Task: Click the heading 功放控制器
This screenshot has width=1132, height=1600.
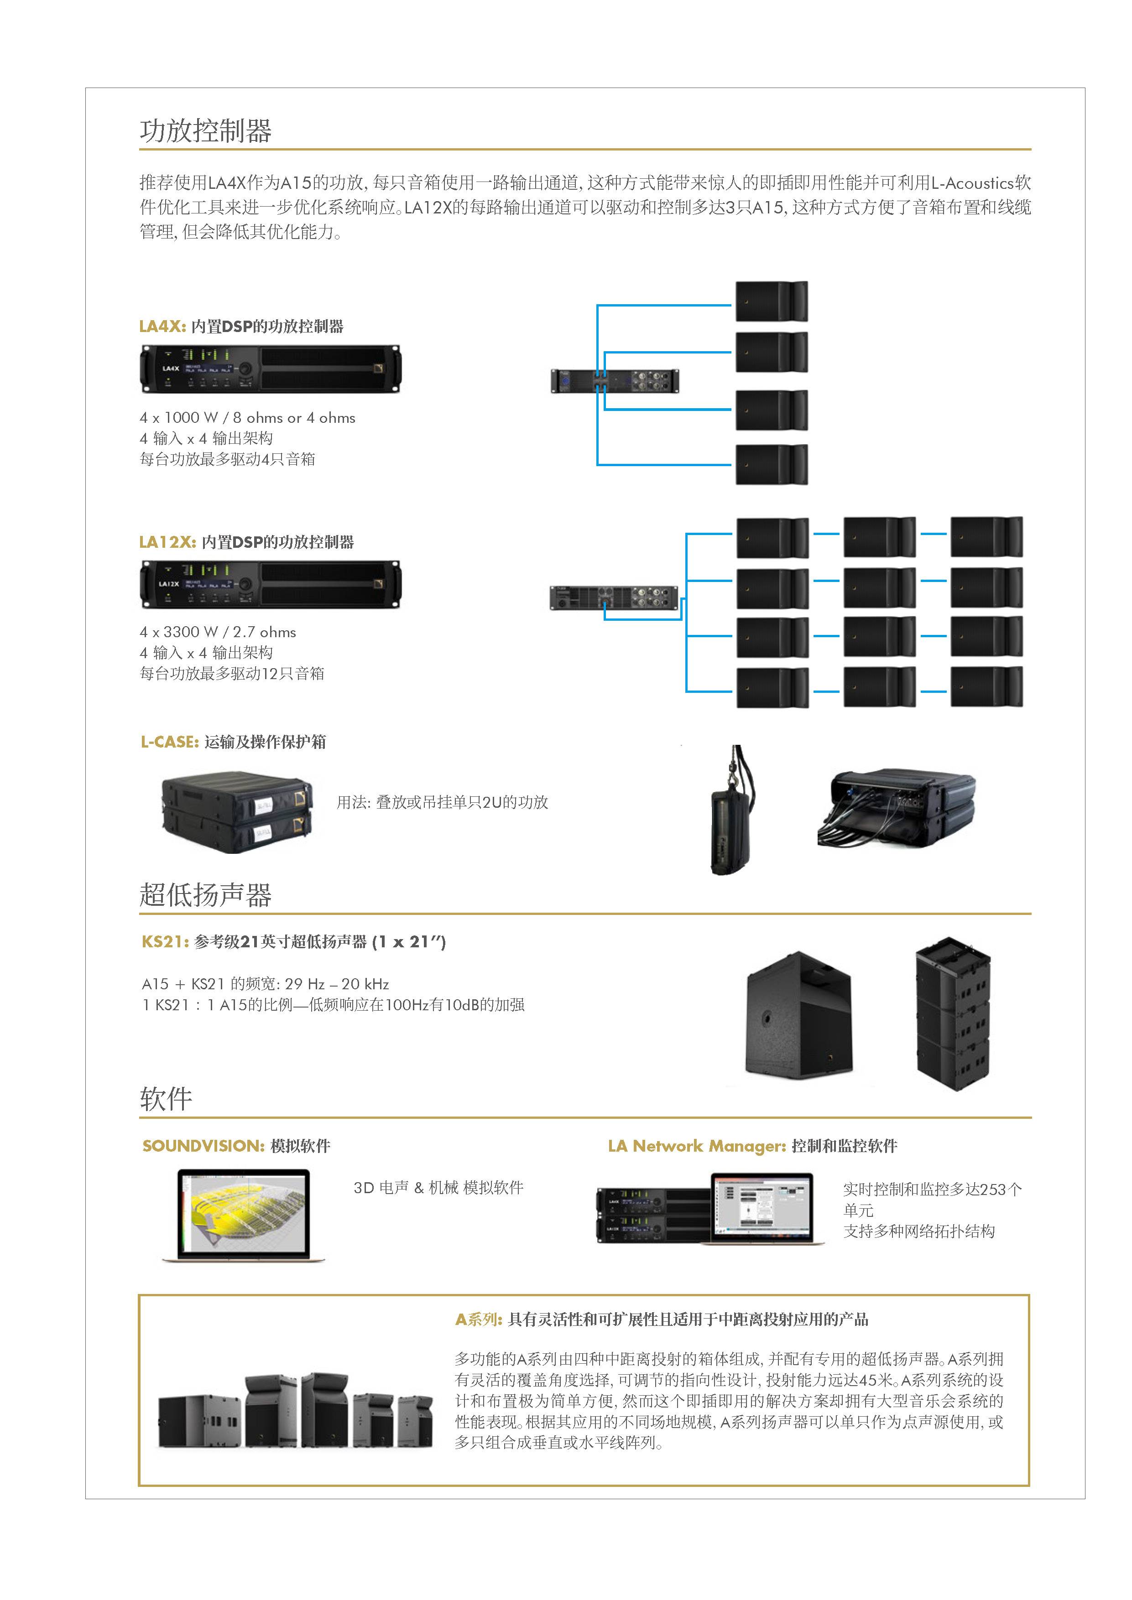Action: pos(206,130)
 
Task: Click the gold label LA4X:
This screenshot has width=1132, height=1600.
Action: pos(162,326)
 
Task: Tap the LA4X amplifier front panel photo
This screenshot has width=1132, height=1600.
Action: pos(271,369)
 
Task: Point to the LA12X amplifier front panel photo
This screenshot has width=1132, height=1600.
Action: pos(271,584)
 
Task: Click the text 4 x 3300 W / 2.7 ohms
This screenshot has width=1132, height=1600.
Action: pos(218,632)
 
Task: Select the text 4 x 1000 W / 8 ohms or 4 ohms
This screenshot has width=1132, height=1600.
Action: pos(247,417)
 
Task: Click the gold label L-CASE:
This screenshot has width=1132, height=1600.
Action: pos(169,742)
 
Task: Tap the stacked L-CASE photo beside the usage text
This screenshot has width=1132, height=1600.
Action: pos(237,812)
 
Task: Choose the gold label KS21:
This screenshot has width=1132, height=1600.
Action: pos(165,941)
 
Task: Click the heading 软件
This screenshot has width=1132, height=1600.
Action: pos(166,1098)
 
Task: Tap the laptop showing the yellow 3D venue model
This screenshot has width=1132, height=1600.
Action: pos(243,1213)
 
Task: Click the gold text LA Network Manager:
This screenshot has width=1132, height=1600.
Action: pos(696,1146)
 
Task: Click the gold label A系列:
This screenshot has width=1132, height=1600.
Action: pos(478,1319)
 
